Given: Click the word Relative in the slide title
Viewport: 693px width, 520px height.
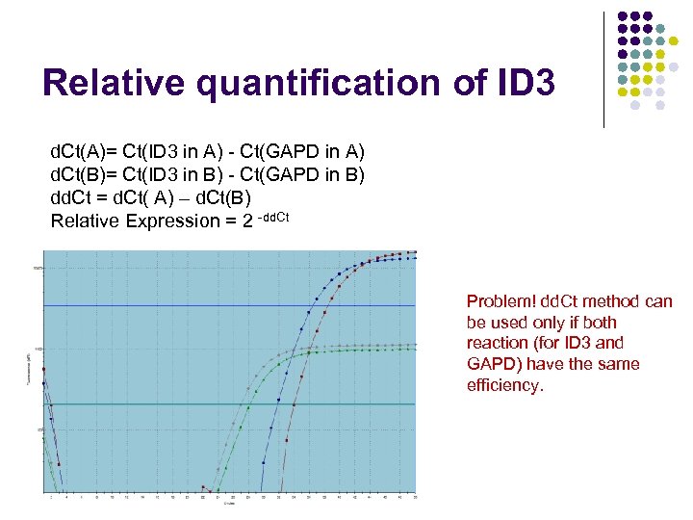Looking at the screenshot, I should [114, 83].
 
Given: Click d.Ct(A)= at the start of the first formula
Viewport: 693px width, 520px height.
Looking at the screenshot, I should [84, 152].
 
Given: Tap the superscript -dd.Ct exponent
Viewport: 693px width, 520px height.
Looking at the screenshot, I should [273, 216].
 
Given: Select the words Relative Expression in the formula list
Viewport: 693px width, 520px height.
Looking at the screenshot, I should [135, 221].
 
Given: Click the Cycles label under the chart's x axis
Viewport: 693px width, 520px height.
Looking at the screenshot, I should [228, 503].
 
